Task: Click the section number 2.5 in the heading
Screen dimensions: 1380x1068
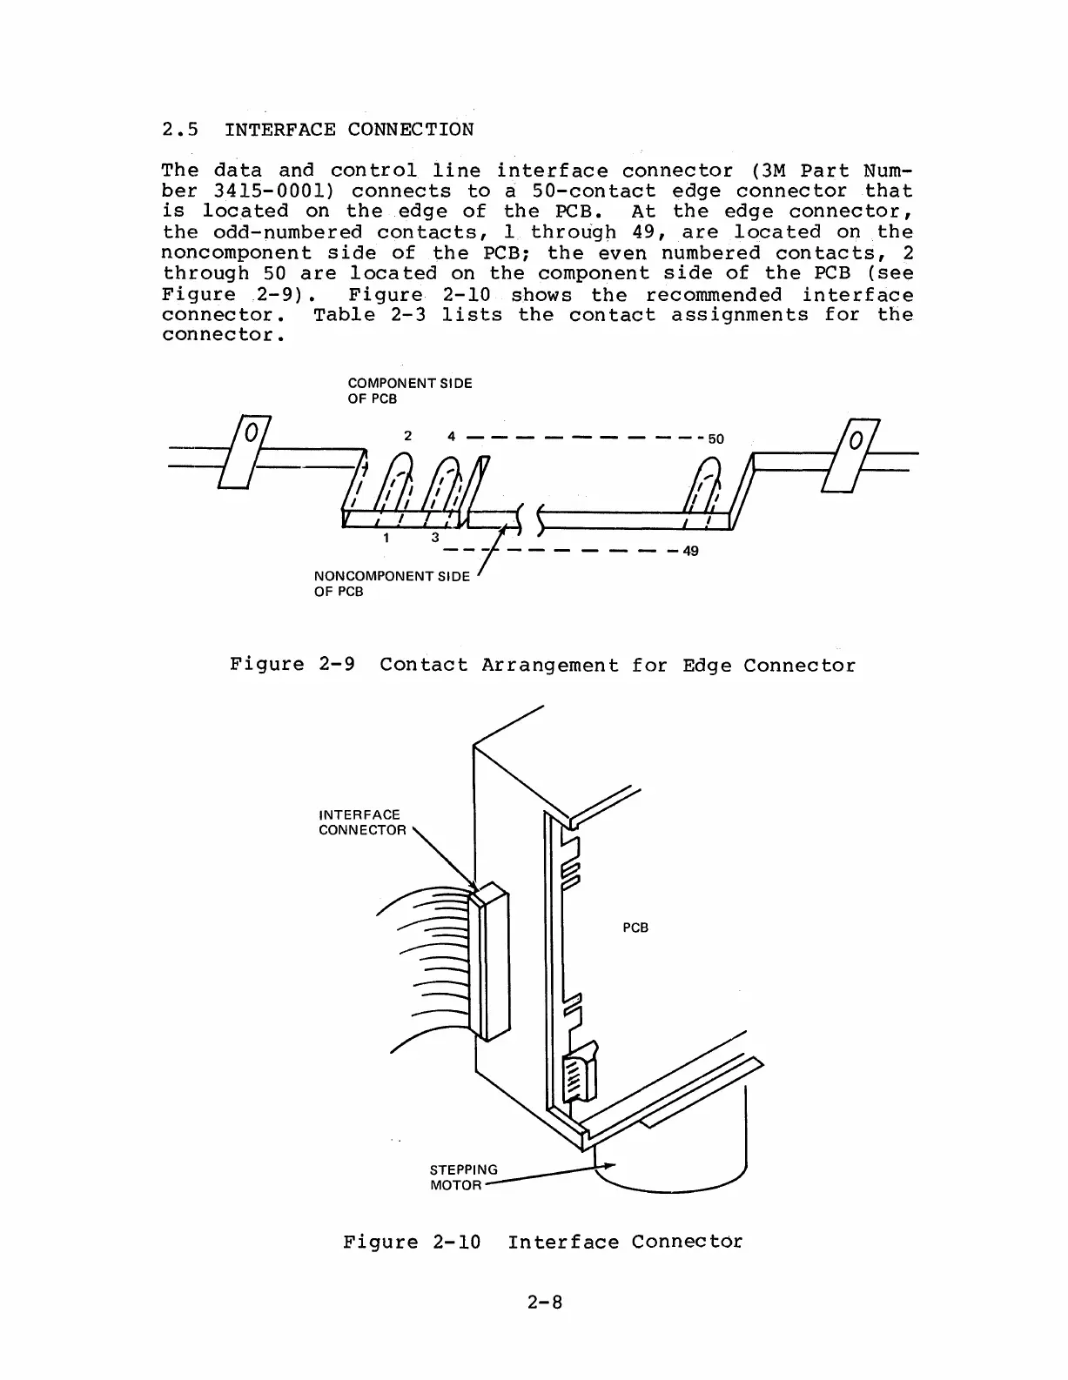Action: tap(181, 131)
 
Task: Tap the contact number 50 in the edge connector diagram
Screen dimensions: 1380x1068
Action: tap(715, 439)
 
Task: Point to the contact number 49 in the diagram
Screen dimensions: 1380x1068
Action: tap(690, 551)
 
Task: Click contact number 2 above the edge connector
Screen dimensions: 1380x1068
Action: tap(407, 436)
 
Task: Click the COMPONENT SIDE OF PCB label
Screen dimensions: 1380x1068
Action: tap(410, 391)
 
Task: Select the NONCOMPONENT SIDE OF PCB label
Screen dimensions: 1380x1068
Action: tap(391, 584)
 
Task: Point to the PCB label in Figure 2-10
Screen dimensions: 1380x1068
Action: tap(635, 928)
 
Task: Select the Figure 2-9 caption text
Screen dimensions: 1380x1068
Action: tap(542, 666)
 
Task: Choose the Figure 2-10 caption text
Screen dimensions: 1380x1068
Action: tap(542, 1243)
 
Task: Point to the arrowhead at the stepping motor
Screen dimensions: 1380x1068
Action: tap(610, 1166)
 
